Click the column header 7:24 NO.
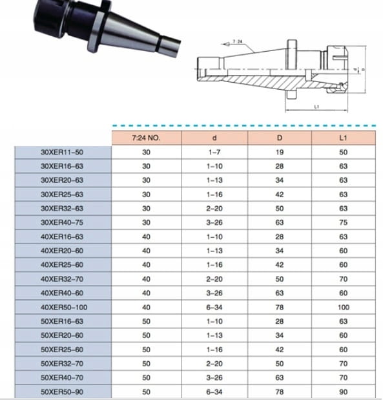click(x=146, y=138)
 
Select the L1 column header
click(x=343, y=138)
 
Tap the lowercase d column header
click(x=214, y=138)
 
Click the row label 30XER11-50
click(x=62, y=153)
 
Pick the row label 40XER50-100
click(x=64, y=308)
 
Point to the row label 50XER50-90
click(x=62, y=392)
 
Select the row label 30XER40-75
click(x=62, y=223)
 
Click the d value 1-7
click(x=214, y=153)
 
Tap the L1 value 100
click(x=344, y=308)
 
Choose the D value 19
click(x=280, y=153)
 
